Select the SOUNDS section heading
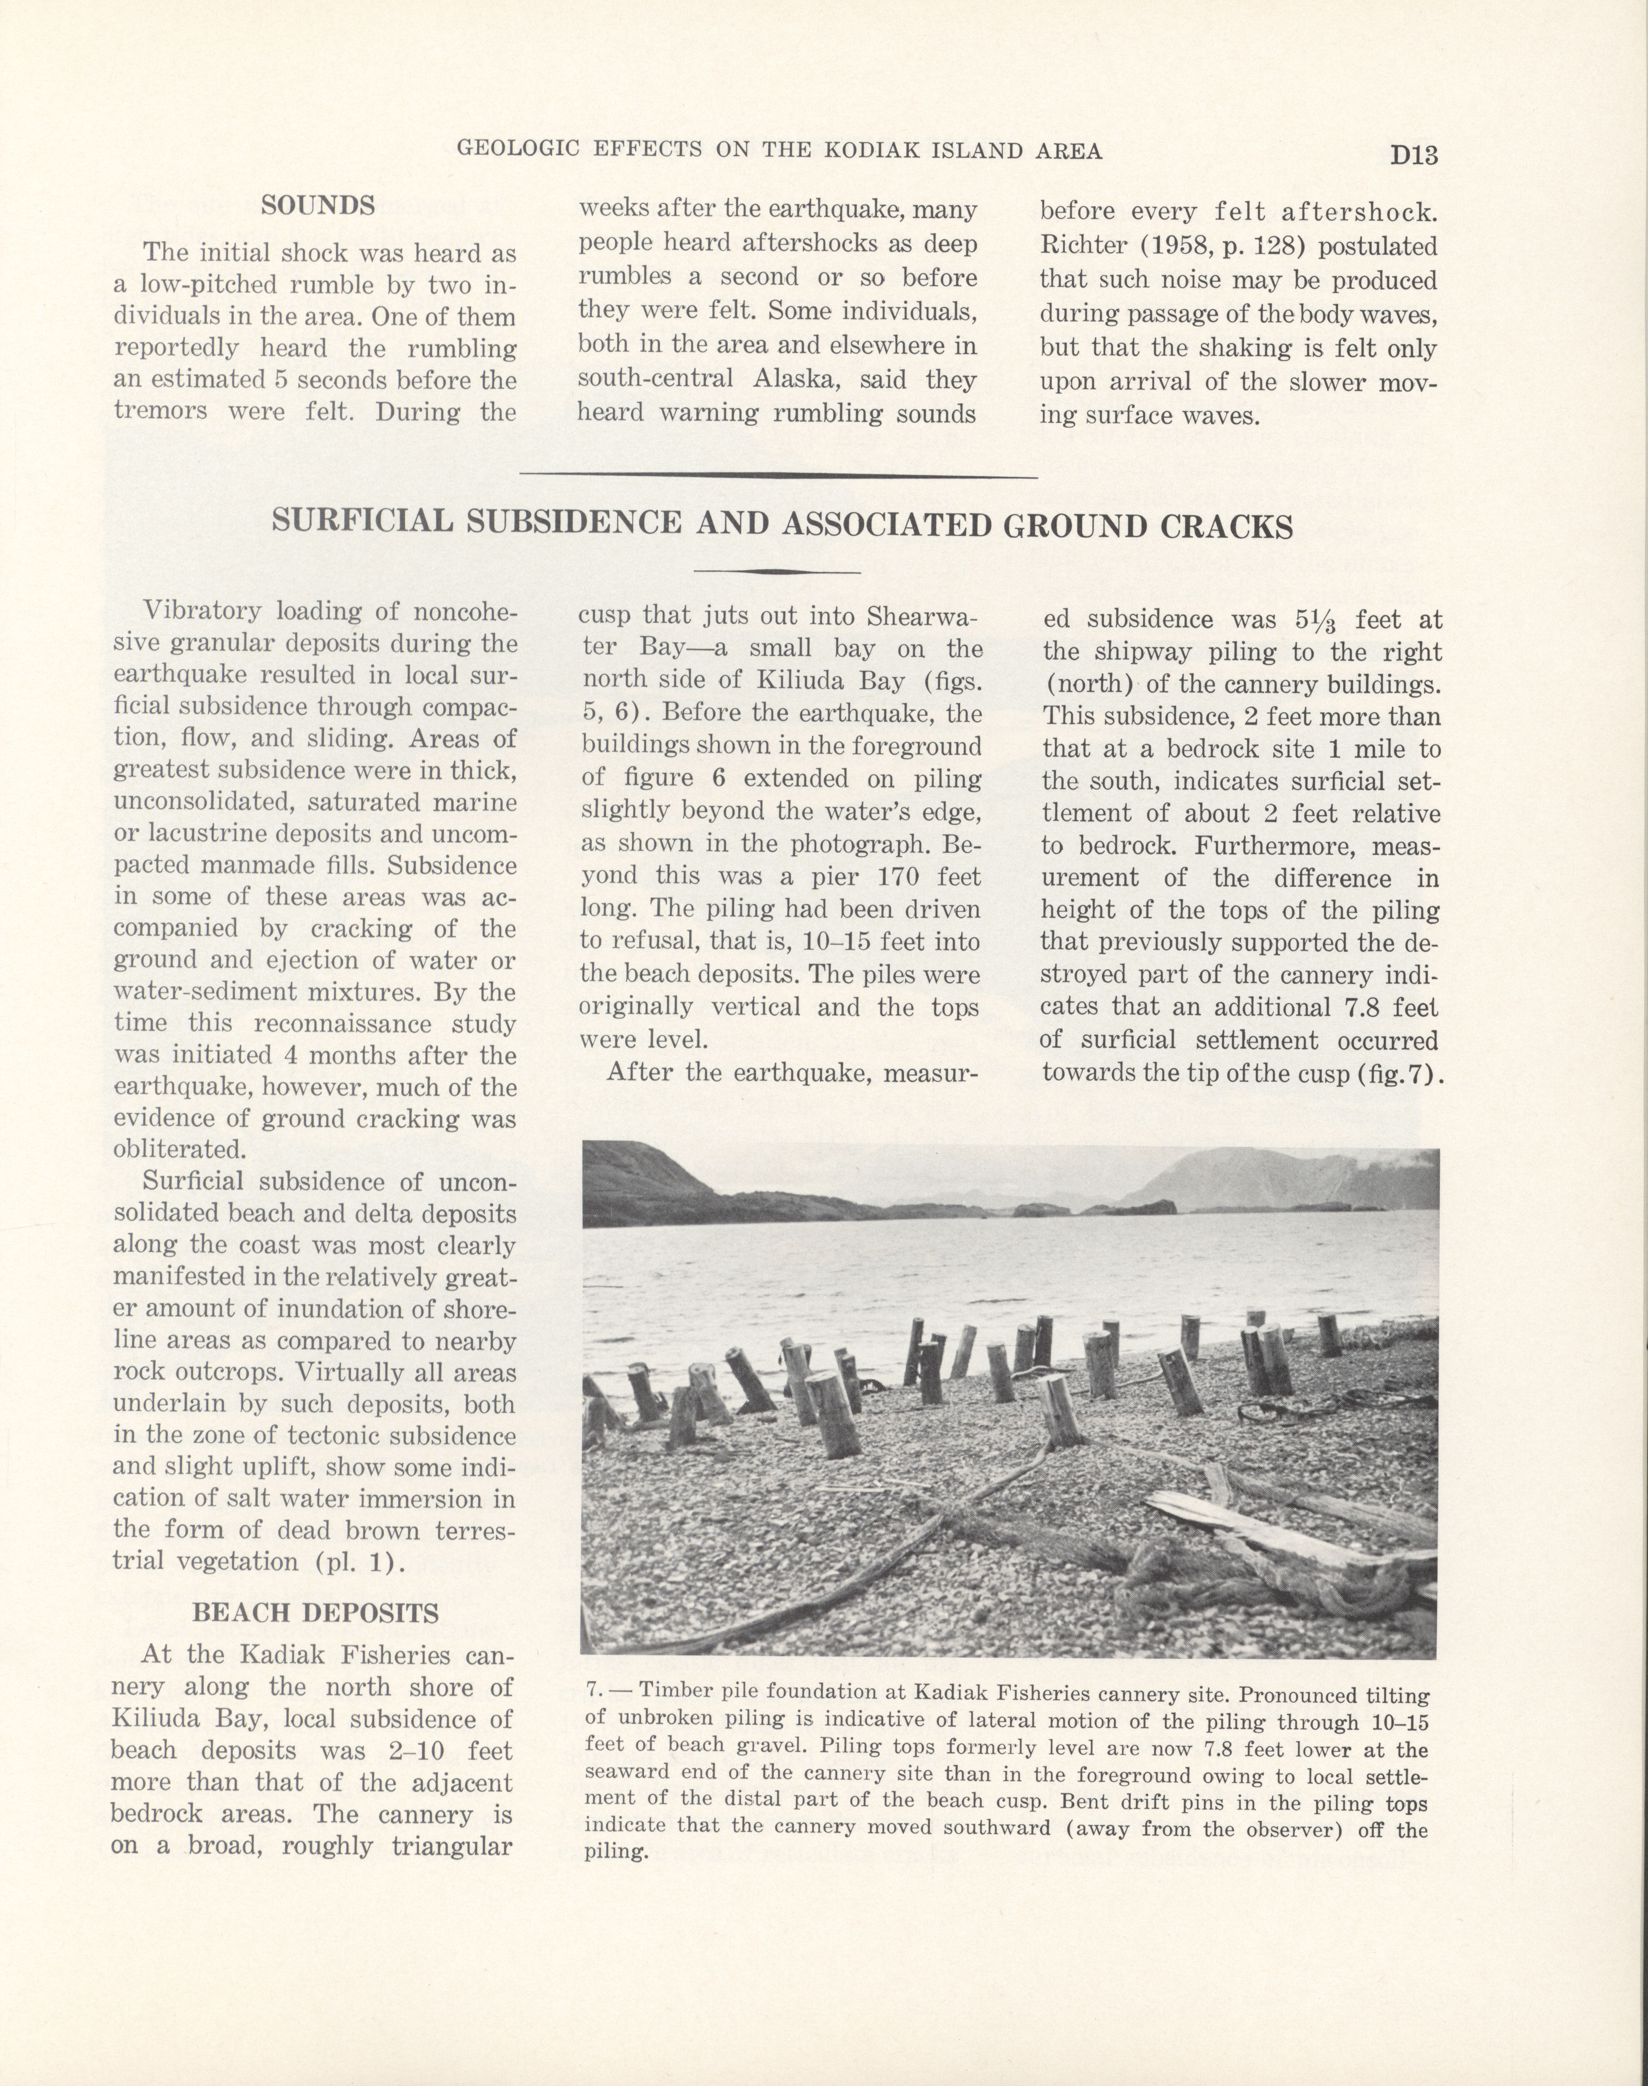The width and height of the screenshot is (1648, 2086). pyautogui.click(x=317, y=205)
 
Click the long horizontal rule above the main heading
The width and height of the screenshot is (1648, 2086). pyautogui.click(x=778, y=475)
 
